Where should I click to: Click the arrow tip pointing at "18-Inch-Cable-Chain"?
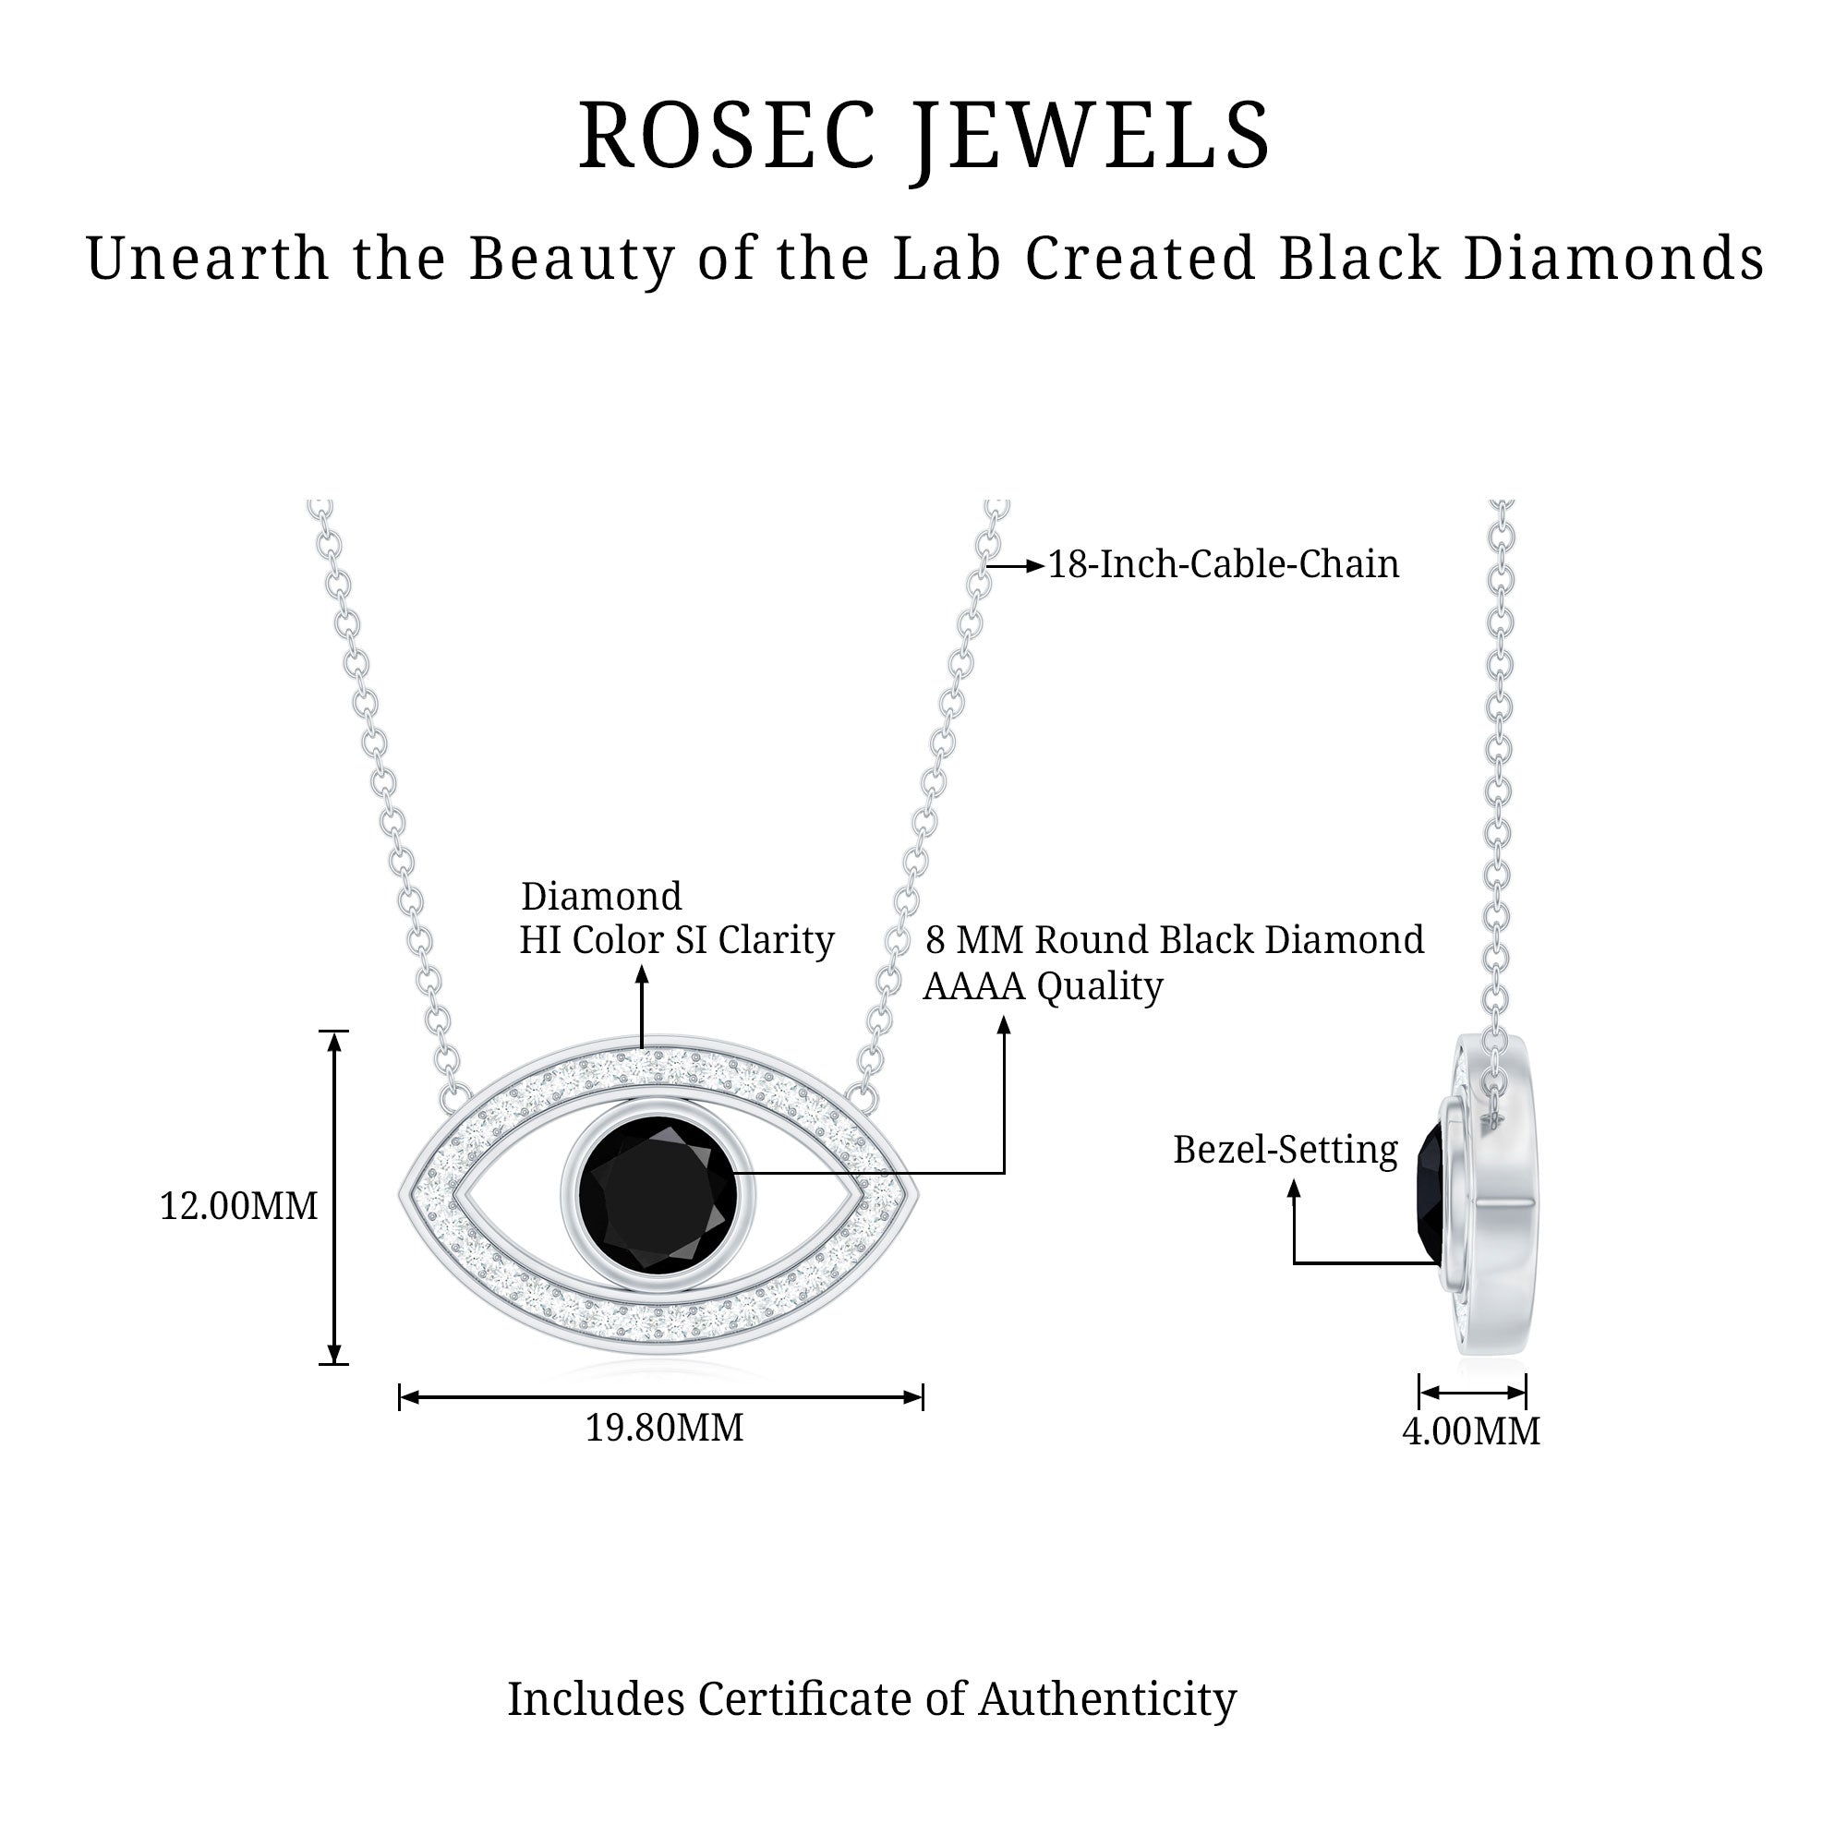coord(1044,566)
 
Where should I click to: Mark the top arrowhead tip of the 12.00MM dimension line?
coord(333,1032)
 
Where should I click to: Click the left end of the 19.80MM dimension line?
coord(400,1397)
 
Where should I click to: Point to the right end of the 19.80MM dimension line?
coord(923,1397)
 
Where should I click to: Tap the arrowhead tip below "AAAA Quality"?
coord(1004,1016)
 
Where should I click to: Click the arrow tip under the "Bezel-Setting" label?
coord(1294,1180)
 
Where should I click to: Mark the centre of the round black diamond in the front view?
coord(658,1195)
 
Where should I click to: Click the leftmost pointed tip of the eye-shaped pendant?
coord(400,1194)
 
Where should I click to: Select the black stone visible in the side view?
coord(1431,1196)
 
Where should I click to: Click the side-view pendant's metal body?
coord(1495,1195)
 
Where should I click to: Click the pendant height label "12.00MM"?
coord(239,1206)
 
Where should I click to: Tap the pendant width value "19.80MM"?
coord(664,1429)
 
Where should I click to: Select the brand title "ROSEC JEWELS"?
coord(924,136)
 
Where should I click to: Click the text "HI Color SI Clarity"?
coord(677,941)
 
